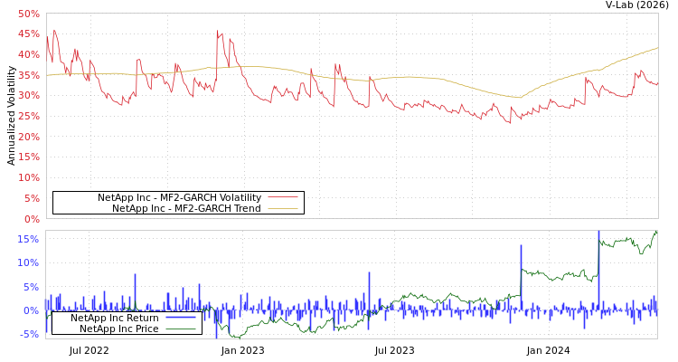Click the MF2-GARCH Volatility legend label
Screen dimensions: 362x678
coord(179,197)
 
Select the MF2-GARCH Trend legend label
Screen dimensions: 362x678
coord(186,208)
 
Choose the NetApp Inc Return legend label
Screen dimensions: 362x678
coord(115,318)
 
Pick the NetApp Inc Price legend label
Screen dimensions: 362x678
coord(119,329)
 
